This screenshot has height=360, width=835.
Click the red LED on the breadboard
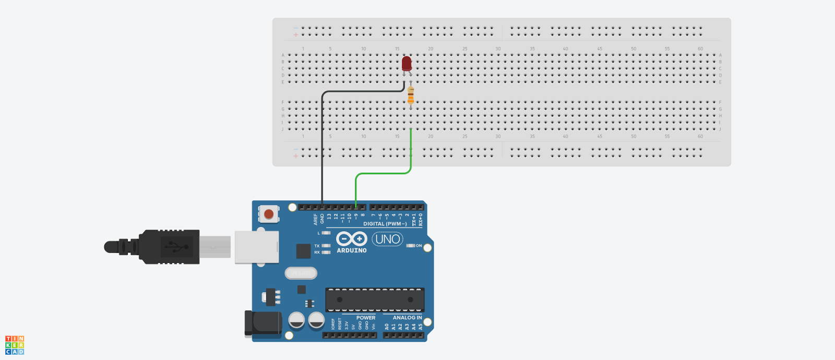click(407, 64)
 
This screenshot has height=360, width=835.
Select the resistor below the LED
click(411, 95)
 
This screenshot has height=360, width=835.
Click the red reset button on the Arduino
click(269, 213)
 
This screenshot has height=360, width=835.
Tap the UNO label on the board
click(387, 239)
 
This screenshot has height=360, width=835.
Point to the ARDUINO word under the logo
click(351, 250)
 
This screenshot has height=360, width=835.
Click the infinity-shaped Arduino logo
click(351, 239)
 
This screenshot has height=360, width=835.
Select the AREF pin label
click(315, 219)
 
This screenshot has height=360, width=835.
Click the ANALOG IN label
click(407, 317)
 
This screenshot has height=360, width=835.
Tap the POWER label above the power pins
click(366, 317)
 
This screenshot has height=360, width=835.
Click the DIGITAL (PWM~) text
click(385, 224)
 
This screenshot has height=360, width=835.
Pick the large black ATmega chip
click(375, 299)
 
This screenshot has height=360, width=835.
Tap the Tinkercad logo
click(15, 345)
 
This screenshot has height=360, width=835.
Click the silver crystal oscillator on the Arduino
click(301, 273)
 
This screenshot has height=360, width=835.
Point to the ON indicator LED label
click(419, 245)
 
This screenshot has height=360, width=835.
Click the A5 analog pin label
click(421, 327)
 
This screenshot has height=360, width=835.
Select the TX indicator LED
click(326, 246)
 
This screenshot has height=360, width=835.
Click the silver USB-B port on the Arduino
click(256, 247)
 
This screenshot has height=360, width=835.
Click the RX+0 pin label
click(421, 219)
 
